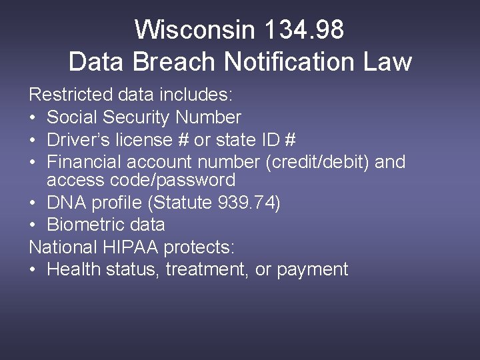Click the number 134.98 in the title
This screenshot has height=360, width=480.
pos(304,30)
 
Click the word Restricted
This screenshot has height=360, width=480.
pos(63,95)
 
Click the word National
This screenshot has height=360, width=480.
pos(63,247)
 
